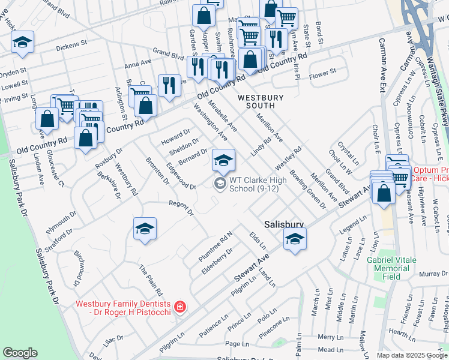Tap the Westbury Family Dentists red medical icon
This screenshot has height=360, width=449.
179,308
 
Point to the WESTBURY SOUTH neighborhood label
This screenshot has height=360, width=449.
265,101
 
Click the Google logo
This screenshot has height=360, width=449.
20,353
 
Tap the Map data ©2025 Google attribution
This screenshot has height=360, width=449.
411,355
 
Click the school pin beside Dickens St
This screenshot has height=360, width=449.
22,42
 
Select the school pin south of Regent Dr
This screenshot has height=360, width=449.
145,229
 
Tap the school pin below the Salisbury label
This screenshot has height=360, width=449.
294,240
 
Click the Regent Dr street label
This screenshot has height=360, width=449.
181,208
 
